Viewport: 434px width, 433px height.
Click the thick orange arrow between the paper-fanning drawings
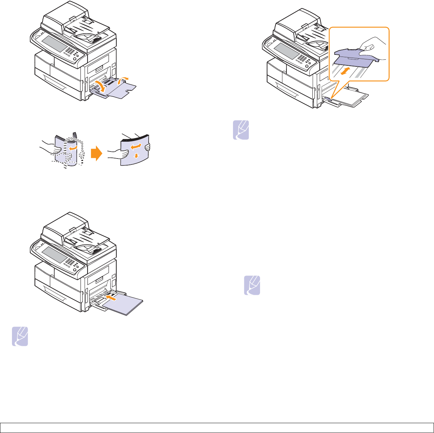click(x=96, y=154)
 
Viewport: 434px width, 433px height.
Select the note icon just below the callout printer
click(x=241, y=130)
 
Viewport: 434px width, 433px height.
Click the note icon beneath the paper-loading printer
click(x=20, y=337)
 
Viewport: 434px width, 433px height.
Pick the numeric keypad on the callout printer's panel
click(x=301, y=58)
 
